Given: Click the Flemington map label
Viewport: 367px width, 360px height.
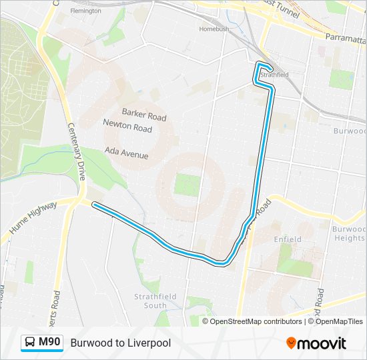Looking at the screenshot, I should pyautogui.click(x=85, y=11).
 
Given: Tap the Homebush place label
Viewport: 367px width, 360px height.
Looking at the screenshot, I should pyautogui.click(x=214, y=29).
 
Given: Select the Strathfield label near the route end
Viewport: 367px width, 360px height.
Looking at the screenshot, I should pyautogui.click(x=274, y=75).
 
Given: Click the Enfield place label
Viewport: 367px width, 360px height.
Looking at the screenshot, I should pyautogui.click(x=288, y=239).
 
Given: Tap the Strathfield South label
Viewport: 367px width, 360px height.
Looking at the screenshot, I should pyautogui.click(x=150, y=301).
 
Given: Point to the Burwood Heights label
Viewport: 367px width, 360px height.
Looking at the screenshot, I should pyautogui.click(x=349, y=233).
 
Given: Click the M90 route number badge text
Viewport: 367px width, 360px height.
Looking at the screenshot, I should pyautogui.click(x=49, y=343).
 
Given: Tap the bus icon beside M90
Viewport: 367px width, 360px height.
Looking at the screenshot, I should pyautogui.click(x=31, y=343).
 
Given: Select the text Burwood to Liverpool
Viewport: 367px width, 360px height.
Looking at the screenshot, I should pyautogui.click(x=120, y=343).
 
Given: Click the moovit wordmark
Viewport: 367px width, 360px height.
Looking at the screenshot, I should pyautogui.click(x=322, y=343).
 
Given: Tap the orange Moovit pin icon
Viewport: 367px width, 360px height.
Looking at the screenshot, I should pyautogui.click(x=292, y=343).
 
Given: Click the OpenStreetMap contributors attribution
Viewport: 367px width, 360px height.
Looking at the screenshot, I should pyautogui.click(x=256, y=321).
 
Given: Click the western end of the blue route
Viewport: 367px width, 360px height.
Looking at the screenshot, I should pyautogui.click(x=93, y=205).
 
